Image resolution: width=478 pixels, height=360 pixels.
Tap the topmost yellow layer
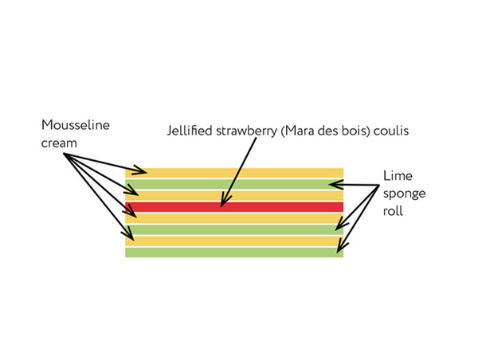point(239,172)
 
